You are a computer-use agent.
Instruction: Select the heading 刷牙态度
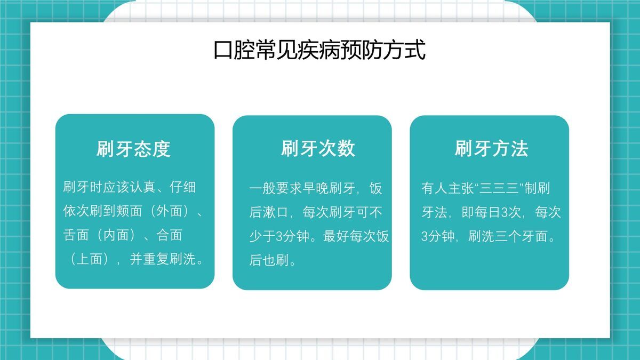(x=133, y=149)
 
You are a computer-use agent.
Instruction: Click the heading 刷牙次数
(x=318, y=149)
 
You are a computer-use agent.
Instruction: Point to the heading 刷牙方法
(x=491, y=149)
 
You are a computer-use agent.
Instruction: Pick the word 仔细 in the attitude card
(x=183, y=187)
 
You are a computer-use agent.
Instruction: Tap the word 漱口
(x=276, y=213)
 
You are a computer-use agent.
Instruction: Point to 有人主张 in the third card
(x=447, y=189)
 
